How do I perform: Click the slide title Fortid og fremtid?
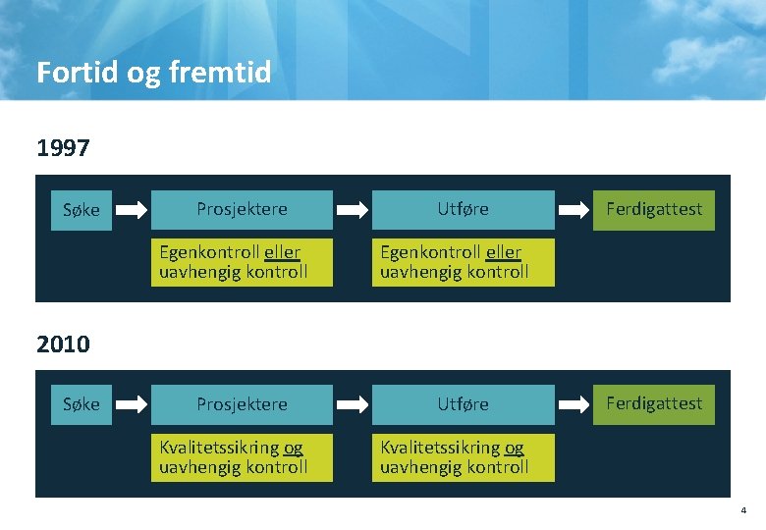(153, 73)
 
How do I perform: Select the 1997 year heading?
(63, 148)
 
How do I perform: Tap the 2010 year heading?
(63, 344)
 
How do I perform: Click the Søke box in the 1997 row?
(81, 209)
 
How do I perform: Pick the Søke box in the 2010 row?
(81, 404)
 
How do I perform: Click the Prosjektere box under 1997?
(242, 209)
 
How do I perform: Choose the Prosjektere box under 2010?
(242, 404)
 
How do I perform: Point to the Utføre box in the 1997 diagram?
(463, 209)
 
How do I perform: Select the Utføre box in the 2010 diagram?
(463, 404)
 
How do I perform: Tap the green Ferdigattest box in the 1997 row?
(654, 208)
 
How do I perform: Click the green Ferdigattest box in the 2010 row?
(654, 403)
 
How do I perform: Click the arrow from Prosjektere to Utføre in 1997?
(354, 209)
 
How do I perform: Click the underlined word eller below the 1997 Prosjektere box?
(282, 253)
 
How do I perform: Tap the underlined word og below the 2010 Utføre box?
(514, 449)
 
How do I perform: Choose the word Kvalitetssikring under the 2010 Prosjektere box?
(219, 449)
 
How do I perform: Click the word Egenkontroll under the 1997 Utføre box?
(430, 253)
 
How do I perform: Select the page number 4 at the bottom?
(743, 510)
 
